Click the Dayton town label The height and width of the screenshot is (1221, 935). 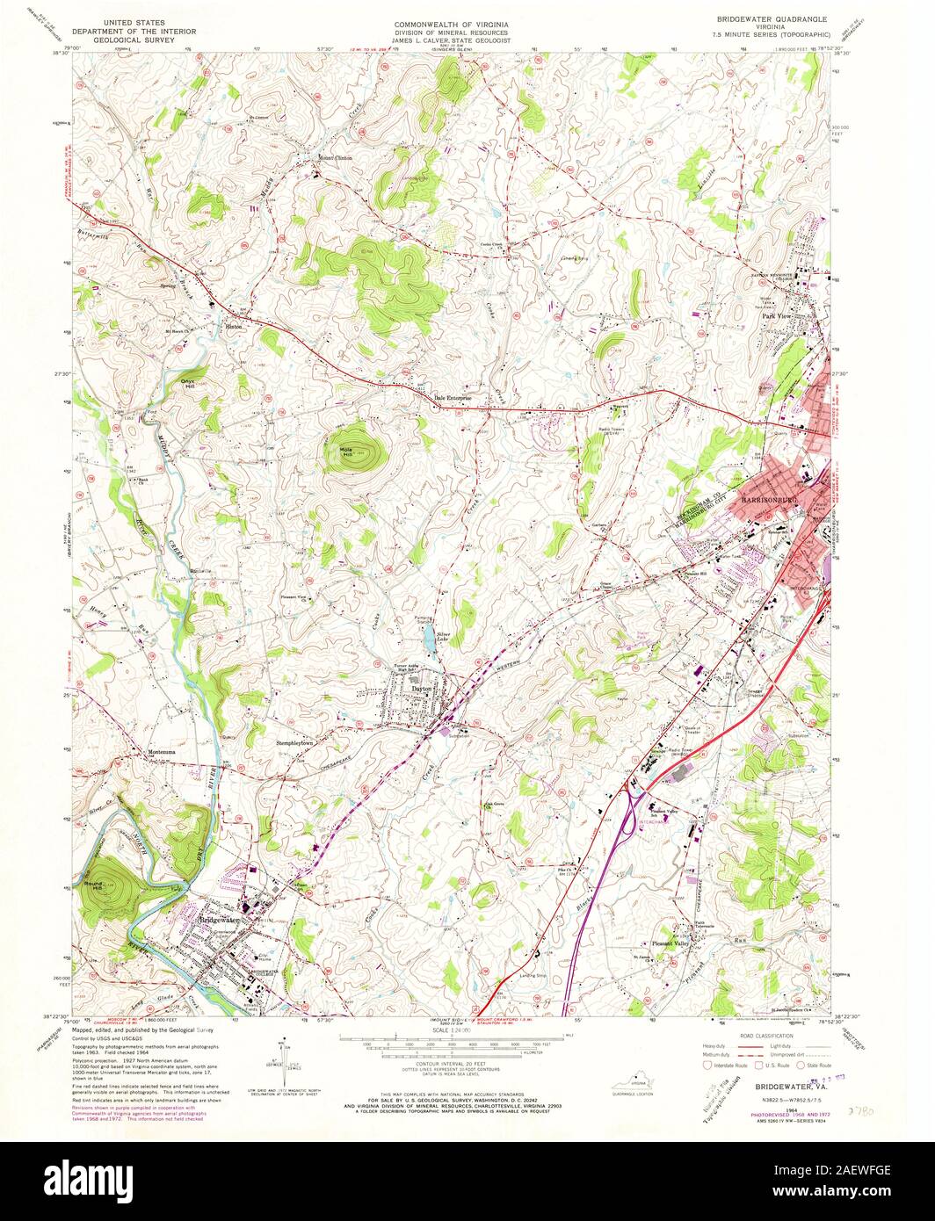coord(423,690)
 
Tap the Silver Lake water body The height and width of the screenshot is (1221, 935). coord(428,639)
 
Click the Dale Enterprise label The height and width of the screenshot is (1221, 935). coord(453,398)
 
